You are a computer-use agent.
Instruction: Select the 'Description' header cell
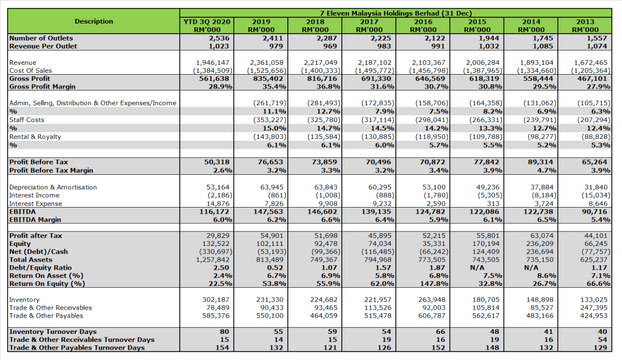click(x=94, y=21)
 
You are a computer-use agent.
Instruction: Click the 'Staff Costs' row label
click(x=27, y=120)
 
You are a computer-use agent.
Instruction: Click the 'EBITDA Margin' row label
click(x=35, y=219)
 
